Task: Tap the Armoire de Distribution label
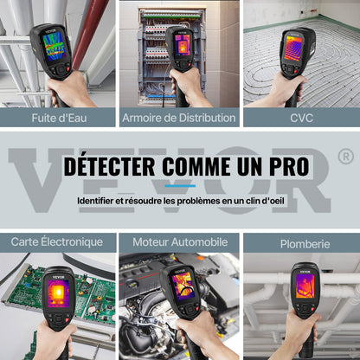179,117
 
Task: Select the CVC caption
301,117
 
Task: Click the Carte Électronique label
57,241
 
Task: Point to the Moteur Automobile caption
179,241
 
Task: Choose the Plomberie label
301,241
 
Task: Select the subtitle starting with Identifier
179,200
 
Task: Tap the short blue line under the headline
179,185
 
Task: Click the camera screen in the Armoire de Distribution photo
183,44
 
